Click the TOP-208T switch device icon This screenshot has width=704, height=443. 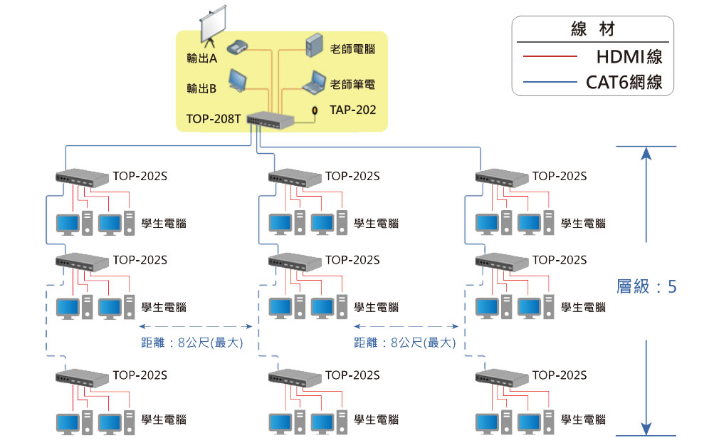(x=269, y=120)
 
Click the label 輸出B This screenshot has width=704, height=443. (x=201, y=88)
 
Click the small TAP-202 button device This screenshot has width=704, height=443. (x=315, y=110)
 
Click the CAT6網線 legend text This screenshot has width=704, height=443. (x=624, y=82)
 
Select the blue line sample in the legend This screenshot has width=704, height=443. (x=549, y=82)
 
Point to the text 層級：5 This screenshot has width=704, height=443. (x=646, y=286)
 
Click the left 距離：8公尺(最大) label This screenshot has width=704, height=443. (x=192, y=343)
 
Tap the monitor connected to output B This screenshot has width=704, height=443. (x=238, y=82)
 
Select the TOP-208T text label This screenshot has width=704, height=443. (x=213, y=119)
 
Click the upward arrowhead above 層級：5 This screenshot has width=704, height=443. (x=646, y=154)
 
